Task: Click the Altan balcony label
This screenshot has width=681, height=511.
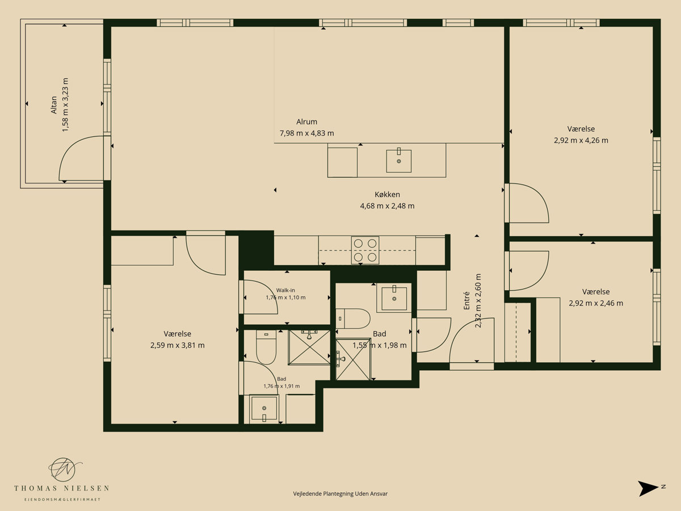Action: click(x=54, y=105)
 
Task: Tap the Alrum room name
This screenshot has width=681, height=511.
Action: click(x=306, y=122)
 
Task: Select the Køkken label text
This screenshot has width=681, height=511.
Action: click(x=387, y=195)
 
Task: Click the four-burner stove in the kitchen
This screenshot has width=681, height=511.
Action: click(x=365, y=250)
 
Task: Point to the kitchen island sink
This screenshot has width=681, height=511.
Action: click(x=399, y=161)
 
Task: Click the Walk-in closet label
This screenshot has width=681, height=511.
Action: click(x=285, y=290)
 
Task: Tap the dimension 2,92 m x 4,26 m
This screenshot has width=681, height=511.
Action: click(x=581, y=140)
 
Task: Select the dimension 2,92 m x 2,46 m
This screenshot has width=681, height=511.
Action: click(x=596, y=303)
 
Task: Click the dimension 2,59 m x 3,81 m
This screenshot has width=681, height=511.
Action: click(x=178, y=345)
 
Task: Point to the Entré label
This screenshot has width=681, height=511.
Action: click(x=466, y=301)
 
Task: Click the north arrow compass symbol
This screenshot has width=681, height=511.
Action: click(x=648, y=489)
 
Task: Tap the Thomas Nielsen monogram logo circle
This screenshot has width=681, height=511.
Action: click(x=63, y=469)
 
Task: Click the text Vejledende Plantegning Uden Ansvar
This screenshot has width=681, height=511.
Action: click(x=340, y=493)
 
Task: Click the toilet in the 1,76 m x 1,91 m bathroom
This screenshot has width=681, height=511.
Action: click(x=266, y=347)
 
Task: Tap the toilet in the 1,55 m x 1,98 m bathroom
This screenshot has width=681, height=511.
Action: click(x=353, y=319)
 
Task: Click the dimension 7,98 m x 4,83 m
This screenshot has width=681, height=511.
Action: click(x=307, y=133)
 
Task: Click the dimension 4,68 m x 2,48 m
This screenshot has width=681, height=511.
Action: click(x=387, y=206)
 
